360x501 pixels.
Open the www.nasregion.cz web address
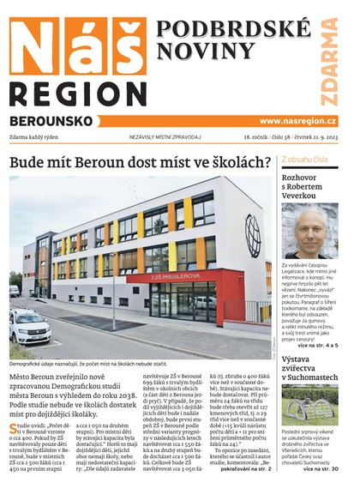(297, 121)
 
